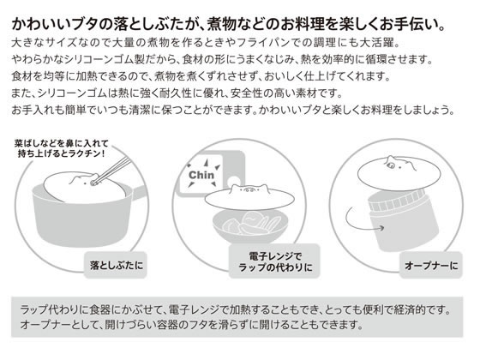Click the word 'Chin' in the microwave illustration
click(x=201, y=175)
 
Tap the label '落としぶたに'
click(x=117, y=265)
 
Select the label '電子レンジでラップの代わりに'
click(x=275, y=261)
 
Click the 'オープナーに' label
click(x=431, y=265)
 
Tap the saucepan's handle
click(x=140, y=191)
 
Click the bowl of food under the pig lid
click(x=250, y=226)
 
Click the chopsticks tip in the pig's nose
click(x=93, y=183)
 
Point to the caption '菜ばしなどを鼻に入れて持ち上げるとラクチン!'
click(x=62, y=148)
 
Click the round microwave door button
click(x=234, y=180)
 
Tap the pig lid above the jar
click(x=387, y=173)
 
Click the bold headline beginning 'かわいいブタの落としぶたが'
click(x=228, y=24)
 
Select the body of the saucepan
click(x=82, y=220)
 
